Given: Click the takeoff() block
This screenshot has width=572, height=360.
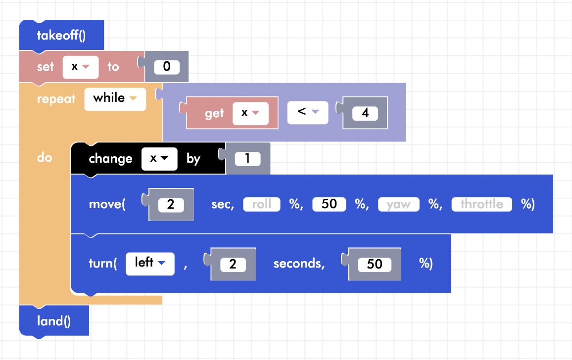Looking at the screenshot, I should pyautogui.click(x=61, y=35).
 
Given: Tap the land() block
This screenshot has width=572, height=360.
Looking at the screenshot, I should pyautogui.click(x=54, y=321).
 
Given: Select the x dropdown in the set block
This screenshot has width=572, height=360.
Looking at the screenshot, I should pyautogui.click(x=80, y=67).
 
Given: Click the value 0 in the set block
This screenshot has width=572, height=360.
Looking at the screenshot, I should pyautogui.click(x=166, y=67).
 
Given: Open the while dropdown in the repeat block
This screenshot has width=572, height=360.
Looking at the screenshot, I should pyautogui.click(x=115, y=98).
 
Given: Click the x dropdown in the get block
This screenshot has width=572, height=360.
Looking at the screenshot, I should pyautogui.click(x=250, y=113).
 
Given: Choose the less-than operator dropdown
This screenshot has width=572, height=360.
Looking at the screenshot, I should pyautogui.click(x=308, y=113).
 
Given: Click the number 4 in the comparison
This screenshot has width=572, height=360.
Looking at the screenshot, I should pyautogui.click(x=365, y=113).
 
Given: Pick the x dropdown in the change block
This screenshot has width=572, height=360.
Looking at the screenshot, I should pyautogui.click(x=159, y=159).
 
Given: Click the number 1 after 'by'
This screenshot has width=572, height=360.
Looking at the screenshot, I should pyautogui.click(x=247, y=159).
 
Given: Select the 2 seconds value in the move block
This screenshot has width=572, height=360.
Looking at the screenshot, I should pyautogui.click(x=171, y=204).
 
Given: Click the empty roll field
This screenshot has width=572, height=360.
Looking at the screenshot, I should pyautogui.click(x=261, y=204).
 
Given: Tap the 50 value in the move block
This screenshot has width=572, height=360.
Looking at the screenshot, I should pyautogui.click(x=329, y=204).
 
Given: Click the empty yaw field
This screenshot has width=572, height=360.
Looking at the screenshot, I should pyautogui.click(x=398, y=204).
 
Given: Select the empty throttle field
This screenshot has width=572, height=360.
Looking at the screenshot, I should pyautogui.click(x=481, y=204).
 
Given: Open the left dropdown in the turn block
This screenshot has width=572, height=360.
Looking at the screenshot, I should pyautogui.click(x=150, y=263).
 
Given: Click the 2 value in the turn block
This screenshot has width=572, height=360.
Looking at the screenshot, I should pyautogui.click(x=233, y=264).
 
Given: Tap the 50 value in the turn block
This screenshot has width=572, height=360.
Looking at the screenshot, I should pyautogui.click(x=374, y=264).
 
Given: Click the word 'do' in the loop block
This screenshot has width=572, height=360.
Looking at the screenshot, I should pyautogui.click(x=45, y=158).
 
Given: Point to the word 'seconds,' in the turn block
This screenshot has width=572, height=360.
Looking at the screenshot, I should pyautogui.click(x=299, y=264).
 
